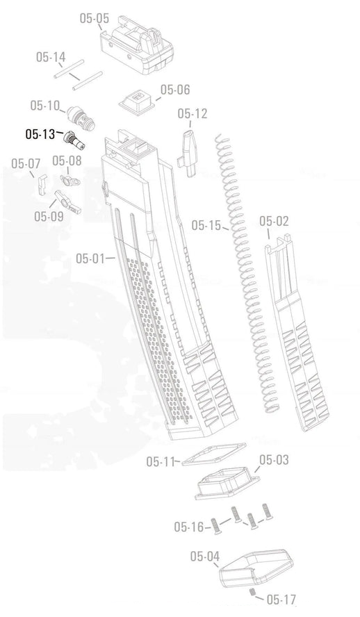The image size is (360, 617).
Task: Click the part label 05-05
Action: [94, 18]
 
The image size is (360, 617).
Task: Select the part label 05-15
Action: [206, 225]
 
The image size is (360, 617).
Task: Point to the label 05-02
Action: [274, 221]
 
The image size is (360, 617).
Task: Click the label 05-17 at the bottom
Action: [281, 599]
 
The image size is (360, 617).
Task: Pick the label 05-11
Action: [161, 461]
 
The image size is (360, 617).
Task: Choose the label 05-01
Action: [90, 258]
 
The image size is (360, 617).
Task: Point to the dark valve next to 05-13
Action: [72, 139]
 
